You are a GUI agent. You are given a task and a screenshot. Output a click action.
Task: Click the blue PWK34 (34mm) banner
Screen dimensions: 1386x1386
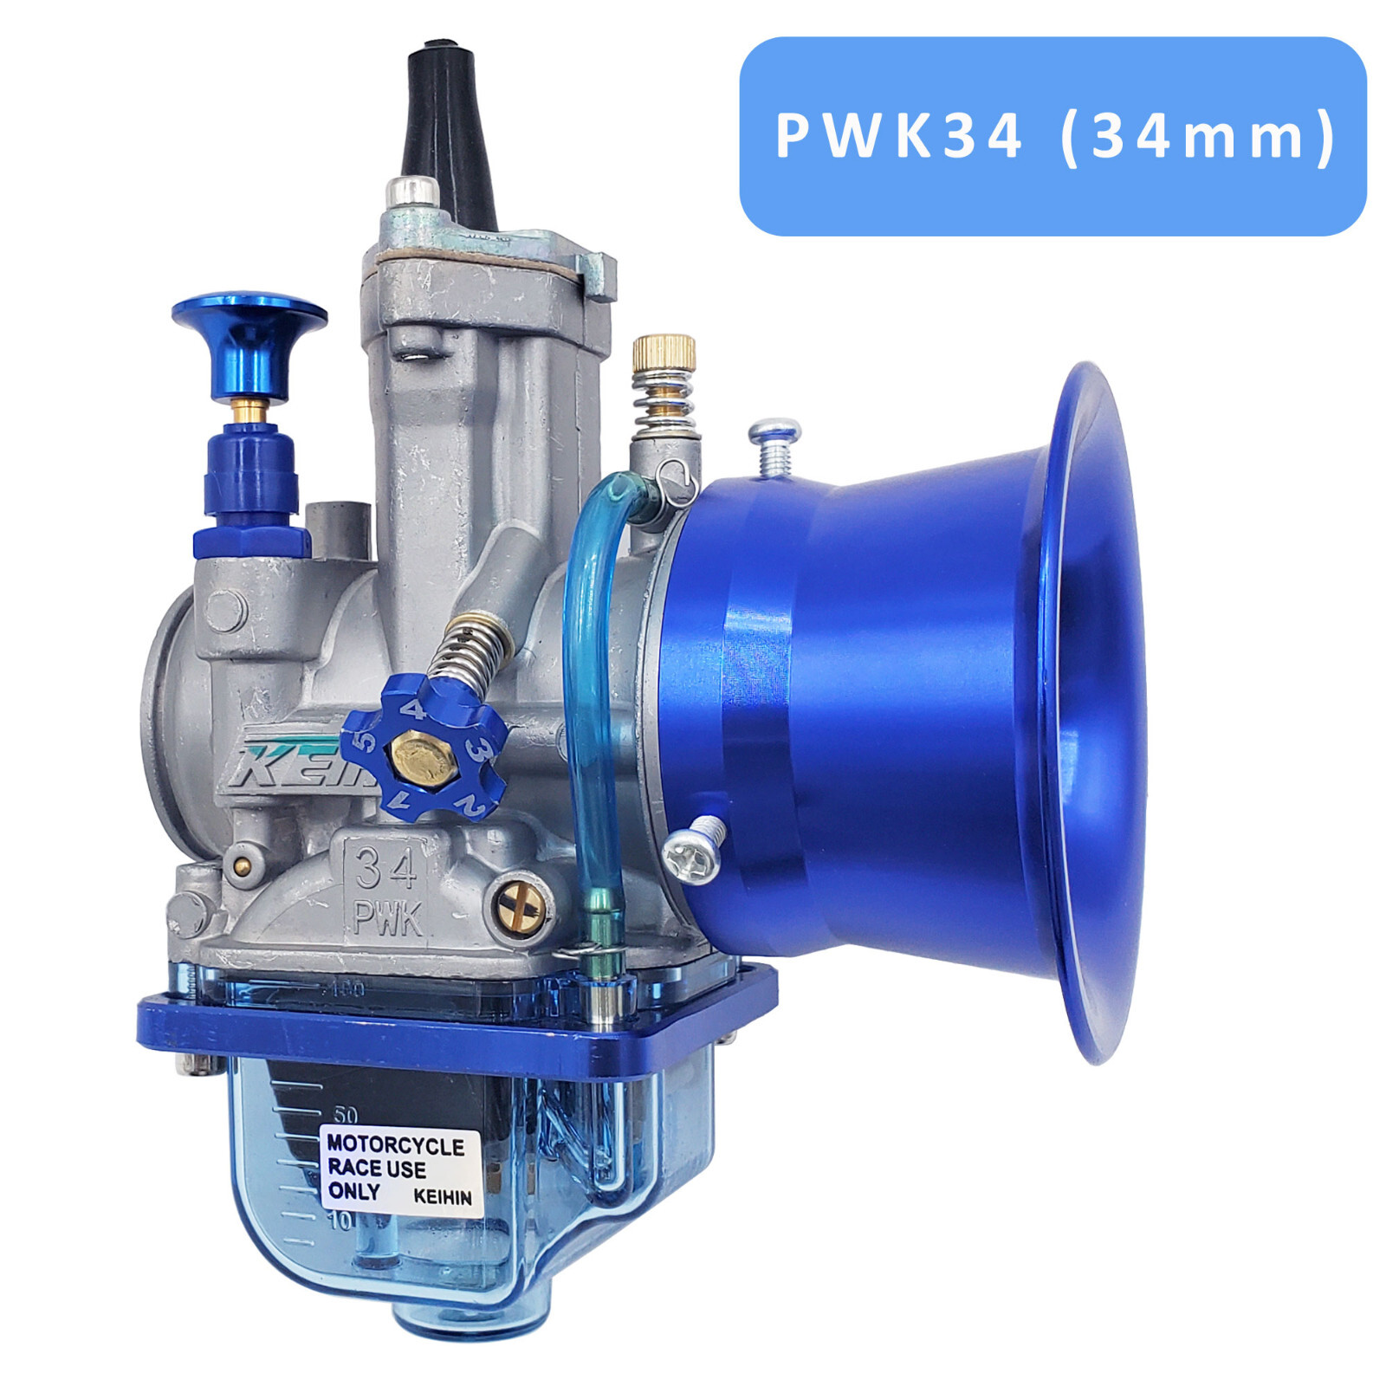(1052, 136)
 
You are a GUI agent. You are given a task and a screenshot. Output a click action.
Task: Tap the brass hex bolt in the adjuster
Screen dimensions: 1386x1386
(424, 756)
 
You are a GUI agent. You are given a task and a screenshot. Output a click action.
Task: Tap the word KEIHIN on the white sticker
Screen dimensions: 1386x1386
(442, 1197)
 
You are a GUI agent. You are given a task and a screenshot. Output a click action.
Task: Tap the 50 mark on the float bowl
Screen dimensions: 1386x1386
(345, 1115)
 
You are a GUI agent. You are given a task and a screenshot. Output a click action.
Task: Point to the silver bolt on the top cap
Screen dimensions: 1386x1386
(412, 191)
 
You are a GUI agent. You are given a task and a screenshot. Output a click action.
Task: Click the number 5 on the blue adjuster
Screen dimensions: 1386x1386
(366, 741)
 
